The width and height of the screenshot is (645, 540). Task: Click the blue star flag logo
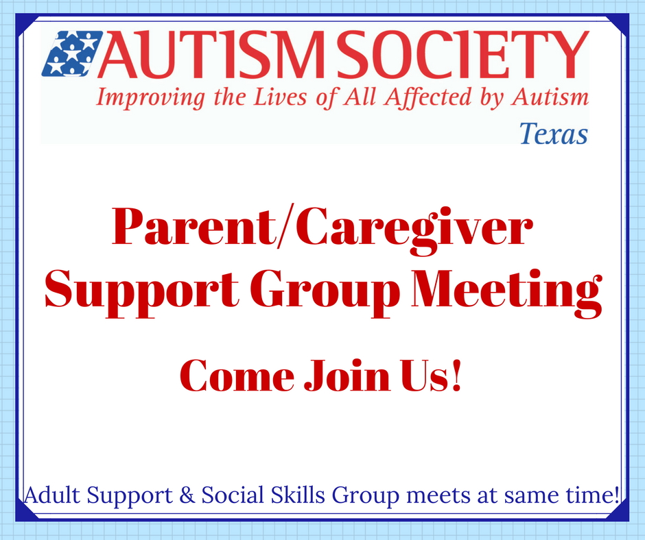(73, 53)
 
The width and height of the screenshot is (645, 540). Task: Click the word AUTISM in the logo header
(209, 54)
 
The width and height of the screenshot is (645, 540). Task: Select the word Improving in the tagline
(150, 98)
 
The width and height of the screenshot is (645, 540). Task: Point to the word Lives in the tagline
(280, 97)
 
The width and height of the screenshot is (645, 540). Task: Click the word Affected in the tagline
(428, 98)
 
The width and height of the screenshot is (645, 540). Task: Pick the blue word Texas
(553, 134)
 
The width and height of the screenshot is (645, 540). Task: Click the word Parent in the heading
(193, 227)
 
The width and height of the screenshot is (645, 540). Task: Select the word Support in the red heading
(142, 292)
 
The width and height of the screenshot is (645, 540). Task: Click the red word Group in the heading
(325, 292)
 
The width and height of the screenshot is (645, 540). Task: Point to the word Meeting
(507, 293)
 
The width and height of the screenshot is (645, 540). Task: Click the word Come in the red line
(237, 376)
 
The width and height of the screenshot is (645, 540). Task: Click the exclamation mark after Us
(456, 375)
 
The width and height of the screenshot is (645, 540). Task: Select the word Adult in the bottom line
(52, 495)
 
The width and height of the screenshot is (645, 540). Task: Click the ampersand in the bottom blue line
(187, 495)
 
